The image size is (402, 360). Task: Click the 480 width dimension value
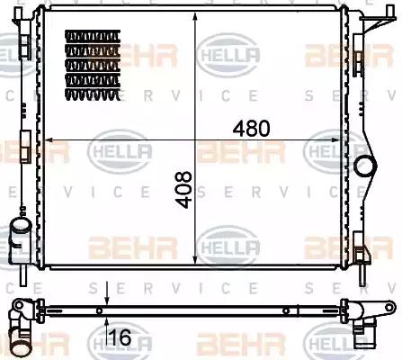pyautogui.click(x=251, y=128)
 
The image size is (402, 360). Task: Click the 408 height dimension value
pyautogui.click(x=184, y=190)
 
